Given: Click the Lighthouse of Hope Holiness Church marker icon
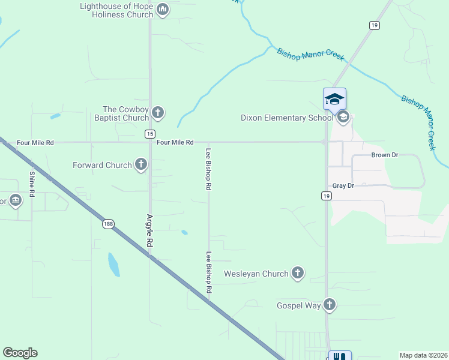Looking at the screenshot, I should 163,10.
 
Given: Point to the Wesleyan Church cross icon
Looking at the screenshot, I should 297,274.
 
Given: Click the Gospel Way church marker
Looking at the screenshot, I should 329,305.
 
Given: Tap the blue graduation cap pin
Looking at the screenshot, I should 334,99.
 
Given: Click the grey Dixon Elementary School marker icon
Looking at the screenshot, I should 343,117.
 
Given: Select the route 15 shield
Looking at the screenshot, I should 150,134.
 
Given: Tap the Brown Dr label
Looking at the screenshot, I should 385,155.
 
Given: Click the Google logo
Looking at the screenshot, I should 20,353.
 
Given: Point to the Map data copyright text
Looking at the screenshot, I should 424,355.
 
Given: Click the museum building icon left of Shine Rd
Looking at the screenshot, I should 15,200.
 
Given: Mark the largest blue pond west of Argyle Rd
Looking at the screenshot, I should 113,264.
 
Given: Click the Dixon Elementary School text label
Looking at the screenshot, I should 287,118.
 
